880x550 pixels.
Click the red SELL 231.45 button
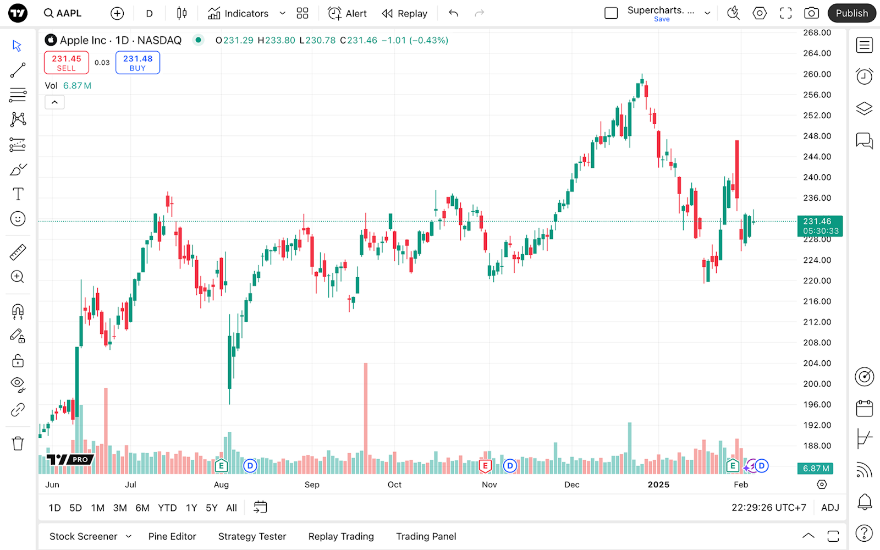coord(66,63)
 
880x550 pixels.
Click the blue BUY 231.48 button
coord(137,63)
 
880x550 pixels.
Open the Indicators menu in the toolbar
coord(239,13)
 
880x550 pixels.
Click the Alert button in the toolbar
coord(347,13)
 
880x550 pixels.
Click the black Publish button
coord(851,13)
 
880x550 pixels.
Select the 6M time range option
coord(142,508)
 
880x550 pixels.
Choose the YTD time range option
coord(167,508)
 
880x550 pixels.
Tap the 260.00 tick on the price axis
coord(817,74)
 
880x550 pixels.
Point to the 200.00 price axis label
coord(817,384)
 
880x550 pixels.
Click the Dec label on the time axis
coord(571,485)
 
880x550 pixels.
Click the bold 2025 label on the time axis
coord(658,485)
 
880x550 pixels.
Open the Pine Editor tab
coord(172,536)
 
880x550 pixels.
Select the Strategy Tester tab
coord(252,536)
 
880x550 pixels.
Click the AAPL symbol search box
coord(63,13)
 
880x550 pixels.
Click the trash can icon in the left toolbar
coord(18,443)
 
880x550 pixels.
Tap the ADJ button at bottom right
coord(830,508)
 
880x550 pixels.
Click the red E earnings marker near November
coord(485,466)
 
